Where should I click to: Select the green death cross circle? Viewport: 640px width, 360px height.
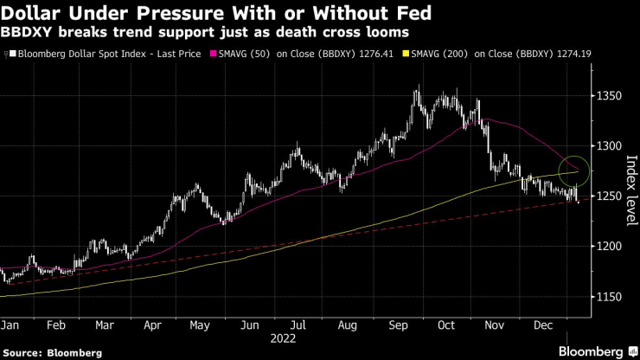click(574, 170)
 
